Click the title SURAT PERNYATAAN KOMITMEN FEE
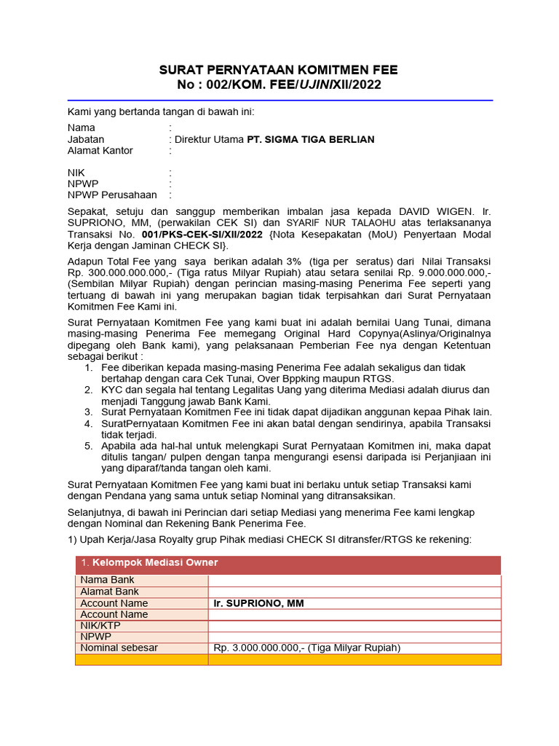click(279, 70)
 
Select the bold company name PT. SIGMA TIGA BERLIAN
click(311, 139)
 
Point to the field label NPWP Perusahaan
click(112, 195)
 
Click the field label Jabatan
click(86, 139)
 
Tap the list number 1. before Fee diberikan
click(88, 368)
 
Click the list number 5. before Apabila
click(88, 446)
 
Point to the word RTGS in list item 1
click(378, 379)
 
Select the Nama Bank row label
click(107, 581)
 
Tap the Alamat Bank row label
click(110, 592)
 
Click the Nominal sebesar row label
click(119, 648)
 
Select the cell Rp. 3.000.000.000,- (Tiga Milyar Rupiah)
click(307, 648)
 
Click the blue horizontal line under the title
click(279, 101)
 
